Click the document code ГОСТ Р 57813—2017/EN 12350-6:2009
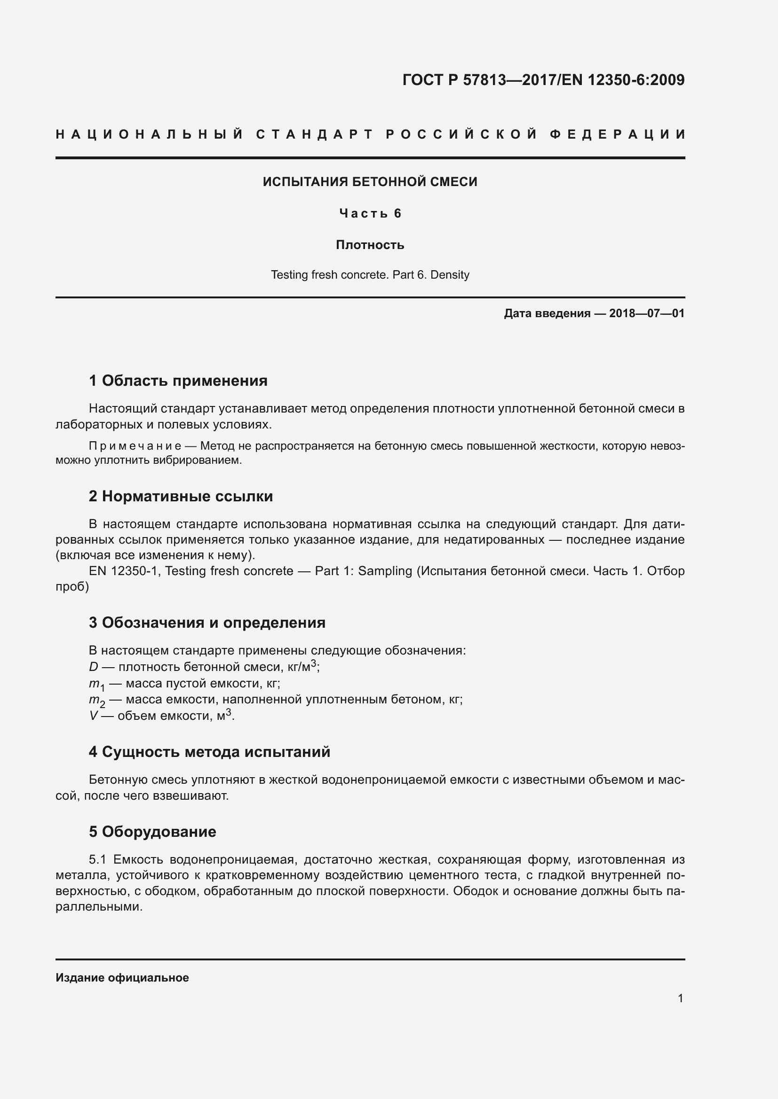pos(543,80)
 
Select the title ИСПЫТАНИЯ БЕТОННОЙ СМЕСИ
pos(370,182)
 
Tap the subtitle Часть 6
pos(370,213)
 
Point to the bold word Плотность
pos(370,245)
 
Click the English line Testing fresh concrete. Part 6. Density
pos(370,275)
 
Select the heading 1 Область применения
pos(178,381)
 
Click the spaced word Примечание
pos(135,446)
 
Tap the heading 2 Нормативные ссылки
pos(181,496)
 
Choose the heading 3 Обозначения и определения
pos(207,623)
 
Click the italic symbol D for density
pos(94,667)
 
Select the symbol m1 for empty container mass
pos(96,685)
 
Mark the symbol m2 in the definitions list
pos(97,701)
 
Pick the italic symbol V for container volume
pos(94,716)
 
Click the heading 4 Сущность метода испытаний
pos(209,752)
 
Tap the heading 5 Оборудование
pos(152,832)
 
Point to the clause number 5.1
pos(97,860)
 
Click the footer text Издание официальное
pos(122,978)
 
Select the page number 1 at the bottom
pos(680,998)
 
